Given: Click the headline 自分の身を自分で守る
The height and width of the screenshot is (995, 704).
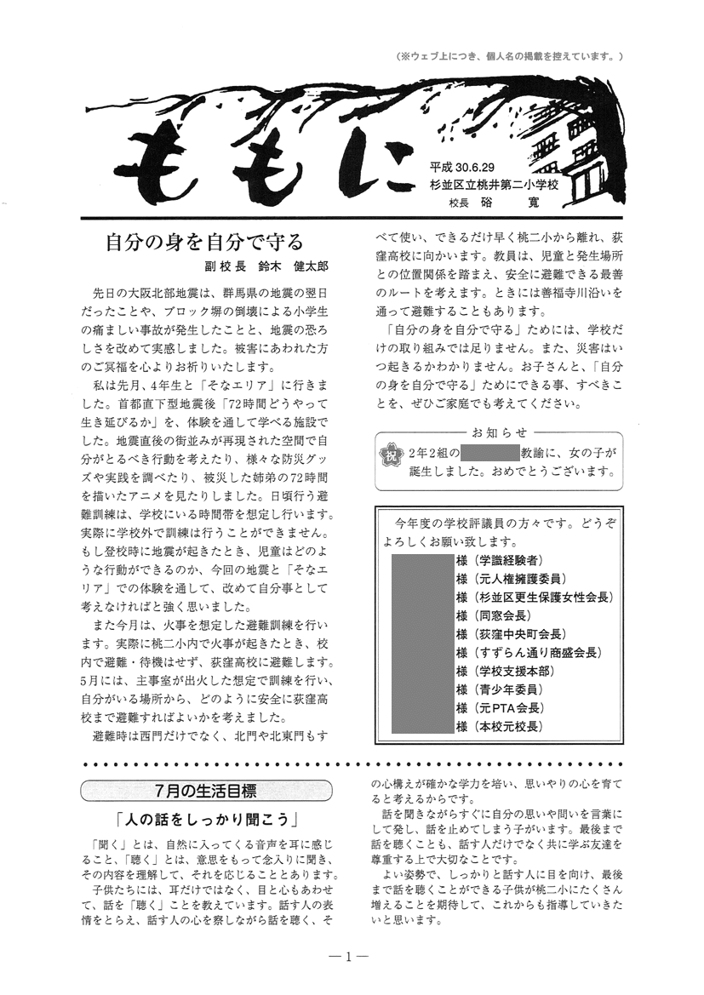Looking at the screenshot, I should (203, 241).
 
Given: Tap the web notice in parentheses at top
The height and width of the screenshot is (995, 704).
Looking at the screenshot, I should (511, 56).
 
